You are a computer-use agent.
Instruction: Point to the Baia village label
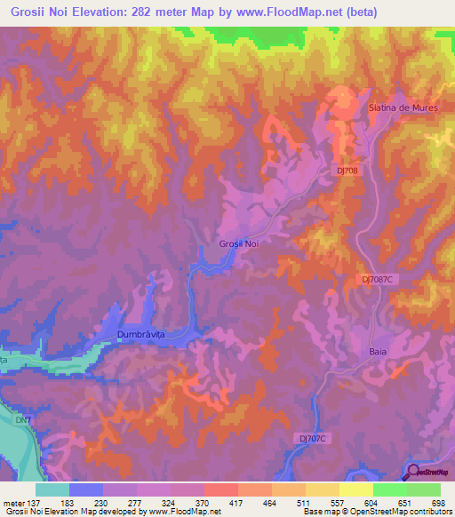click(x=378, y=352)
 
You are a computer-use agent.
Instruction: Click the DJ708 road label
click(x=349, y=168)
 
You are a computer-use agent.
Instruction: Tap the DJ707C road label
click(x=312, y=438)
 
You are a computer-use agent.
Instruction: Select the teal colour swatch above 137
click(x=52, y=489)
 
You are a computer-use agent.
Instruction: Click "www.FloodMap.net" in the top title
click(x=268, y=12)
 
